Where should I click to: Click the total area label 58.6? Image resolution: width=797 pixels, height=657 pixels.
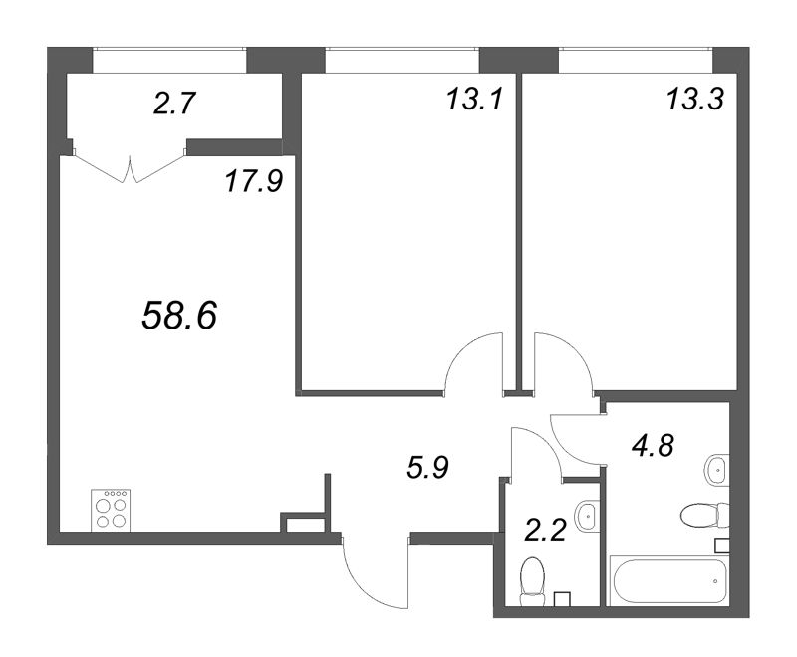pos(180,315)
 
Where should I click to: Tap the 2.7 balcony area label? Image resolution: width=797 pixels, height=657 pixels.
pos(174,105)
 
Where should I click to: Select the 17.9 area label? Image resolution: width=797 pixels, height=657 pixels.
pos(254,181)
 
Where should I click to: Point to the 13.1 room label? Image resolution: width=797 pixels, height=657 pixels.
pos(474,99)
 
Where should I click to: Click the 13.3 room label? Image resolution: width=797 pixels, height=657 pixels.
pos(694,99)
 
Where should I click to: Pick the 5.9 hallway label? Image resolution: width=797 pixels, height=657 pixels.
pos(427,467)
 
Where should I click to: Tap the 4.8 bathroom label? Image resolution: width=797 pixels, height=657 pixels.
pos(653,446)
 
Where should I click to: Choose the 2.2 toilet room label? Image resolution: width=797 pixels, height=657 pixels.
pos(545,532)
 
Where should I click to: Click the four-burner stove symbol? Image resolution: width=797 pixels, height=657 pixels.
pos(111,511)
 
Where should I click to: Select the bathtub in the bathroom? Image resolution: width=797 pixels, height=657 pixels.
pos(669,580)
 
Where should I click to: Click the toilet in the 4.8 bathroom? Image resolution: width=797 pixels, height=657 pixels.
pos(705,515)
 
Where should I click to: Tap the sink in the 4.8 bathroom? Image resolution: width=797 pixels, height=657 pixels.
pos(717,470)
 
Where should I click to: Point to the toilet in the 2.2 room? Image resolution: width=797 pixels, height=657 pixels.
pos(533,581)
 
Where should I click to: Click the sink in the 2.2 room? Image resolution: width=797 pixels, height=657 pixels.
pos(588,516)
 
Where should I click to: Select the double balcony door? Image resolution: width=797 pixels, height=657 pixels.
pos(130,165)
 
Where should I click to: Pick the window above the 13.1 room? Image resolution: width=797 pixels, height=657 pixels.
pos(402,49)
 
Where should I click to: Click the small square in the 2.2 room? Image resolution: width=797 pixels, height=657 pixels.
pos(562,599)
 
